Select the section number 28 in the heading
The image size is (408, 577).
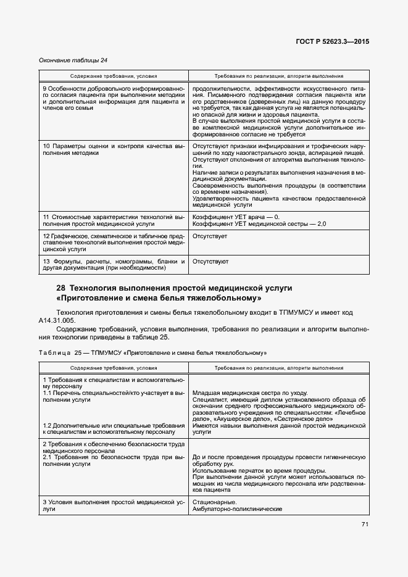click(60, 288)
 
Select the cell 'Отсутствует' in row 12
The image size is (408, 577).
click(210, 236)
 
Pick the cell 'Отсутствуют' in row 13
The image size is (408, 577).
click(210, 262)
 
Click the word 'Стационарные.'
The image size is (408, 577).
click(213, 502)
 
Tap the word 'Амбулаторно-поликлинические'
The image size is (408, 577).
click(237, 509)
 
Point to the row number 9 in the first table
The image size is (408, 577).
click(44, 88)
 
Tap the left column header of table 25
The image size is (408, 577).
click(113, 367)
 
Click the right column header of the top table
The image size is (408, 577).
click(278, 77)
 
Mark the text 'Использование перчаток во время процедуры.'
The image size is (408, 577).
click(259, 470)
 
